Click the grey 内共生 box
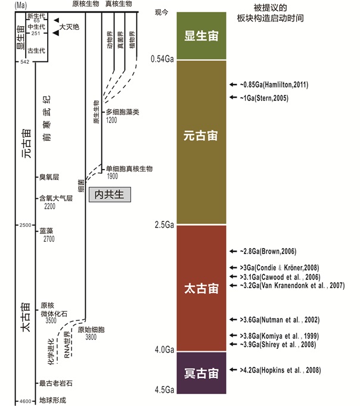110,194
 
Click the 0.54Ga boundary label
162,60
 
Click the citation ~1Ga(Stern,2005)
265,96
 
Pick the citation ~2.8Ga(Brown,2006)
268,251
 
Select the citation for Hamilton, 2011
272,85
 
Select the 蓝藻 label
46,230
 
